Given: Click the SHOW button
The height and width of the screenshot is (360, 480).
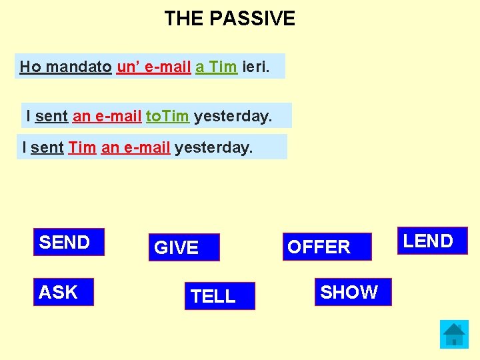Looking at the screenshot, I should coord(352,292).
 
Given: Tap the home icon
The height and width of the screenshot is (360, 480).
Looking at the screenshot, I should coord(454,334).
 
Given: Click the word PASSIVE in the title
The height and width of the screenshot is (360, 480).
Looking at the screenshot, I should coord(252,19).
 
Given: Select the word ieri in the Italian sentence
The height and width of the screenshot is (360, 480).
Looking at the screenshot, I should coord(257,67).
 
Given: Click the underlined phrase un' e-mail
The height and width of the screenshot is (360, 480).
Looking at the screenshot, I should coord(154,67).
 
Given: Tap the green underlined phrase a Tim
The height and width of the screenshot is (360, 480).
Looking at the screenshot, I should coord(216,67).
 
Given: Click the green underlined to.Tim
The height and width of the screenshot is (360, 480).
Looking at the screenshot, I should coord(167,116).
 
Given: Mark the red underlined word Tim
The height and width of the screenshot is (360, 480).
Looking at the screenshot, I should coord(82,147).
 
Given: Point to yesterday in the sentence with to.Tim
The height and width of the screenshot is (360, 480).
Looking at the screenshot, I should coord(233,116).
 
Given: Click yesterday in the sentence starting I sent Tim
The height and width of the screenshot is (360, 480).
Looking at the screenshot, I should coord(213,147).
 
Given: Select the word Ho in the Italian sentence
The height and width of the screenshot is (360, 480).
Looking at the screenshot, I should coord(30,67).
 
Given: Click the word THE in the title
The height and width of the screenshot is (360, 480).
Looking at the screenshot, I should coord(184,19).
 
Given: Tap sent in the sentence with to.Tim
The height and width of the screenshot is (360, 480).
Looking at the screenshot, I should coord(51,116).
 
